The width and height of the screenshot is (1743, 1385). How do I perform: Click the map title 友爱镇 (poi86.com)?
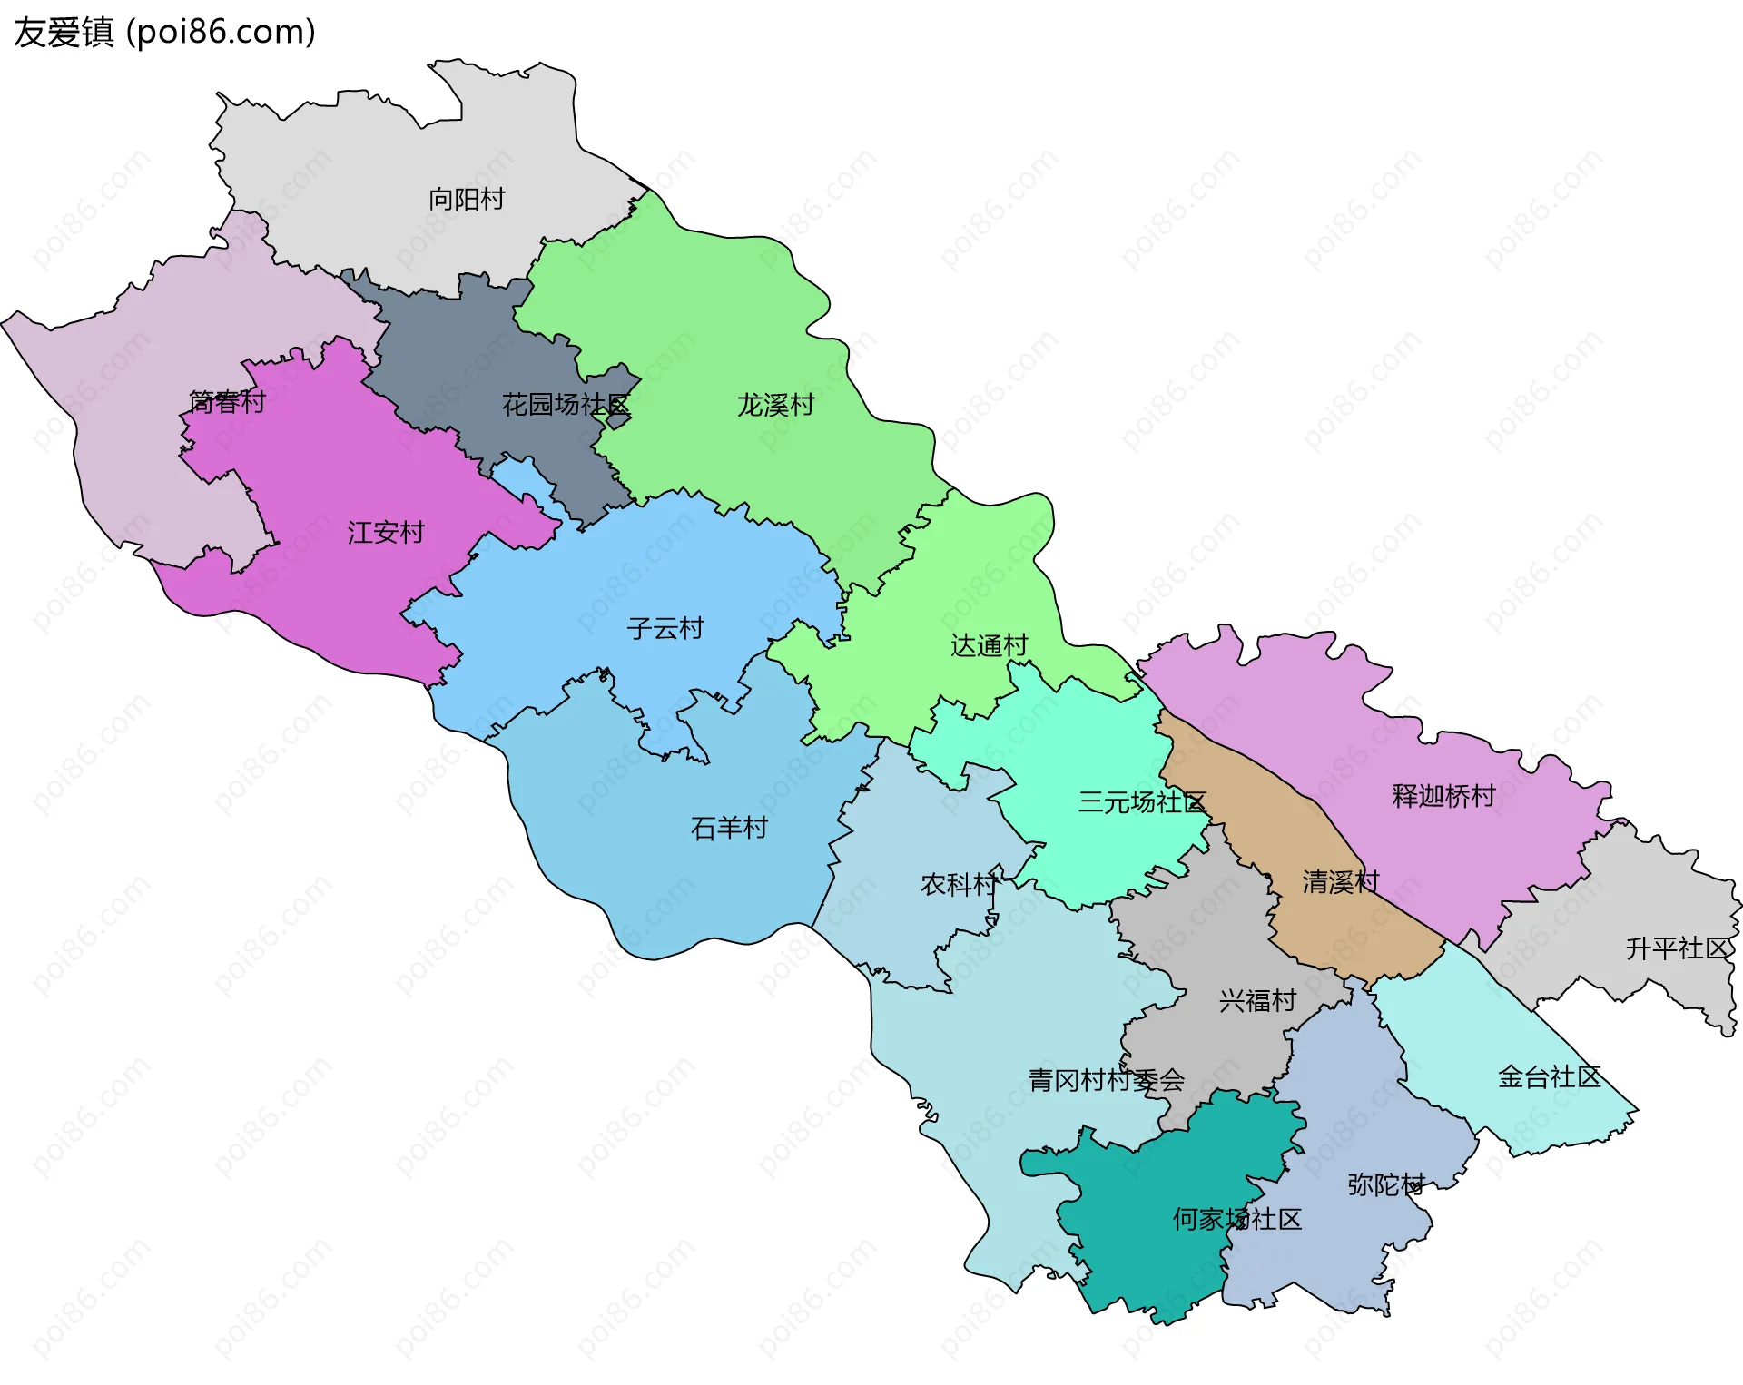click(x=164, y=33)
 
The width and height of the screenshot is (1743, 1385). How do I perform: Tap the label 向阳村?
click(x=467, y=199)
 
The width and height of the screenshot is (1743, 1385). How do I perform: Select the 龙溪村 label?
click(x=775, y=405)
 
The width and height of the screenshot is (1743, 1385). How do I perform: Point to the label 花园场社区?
click(x=566, y=405)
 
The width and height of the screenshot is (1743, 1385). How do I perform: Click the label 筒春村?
click(x=227, y=401)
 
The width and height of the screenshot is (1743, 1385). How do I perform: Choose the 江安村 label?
click(x=386, y=533)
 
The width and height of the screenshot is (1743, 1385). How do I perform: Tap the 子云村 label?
click(x=665, y=628)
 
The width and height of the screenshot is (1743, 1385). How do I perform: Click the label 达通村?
click(x=989, y=645)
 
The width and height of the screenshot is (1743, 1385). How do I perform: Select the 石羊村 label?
click(x=729, y=828)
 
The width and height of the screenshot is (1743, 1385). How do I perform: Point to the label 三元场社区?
click(x=1142, y=802)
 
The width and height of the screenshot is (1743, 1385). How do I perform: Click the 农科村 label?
click(x=959, y=884)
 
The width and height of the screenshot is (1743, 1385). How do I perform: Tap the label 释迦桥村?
click(x=1443, y=796)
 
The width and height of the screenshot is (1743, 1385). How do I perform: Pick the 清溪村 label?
click(x=1341, y=881)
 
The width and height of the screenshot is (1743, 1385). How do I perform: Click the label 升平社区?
click(x=1678, y=948)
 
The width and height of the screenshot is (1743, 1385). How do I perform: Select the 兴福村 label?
click(x=1257, y=1001)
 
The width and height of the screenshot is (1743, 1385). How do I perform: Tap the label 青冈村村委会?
click(x=1106, y=1080)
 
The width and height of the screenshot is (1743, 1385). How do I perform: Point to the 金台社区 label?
click(x=1549, y=1077)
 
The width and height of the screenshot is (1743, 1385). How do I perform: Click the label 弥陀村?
click(x=1385, y=1184)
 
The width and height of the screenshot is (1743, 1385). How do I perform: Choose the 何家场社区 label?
click(x=1236, y=1219)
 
